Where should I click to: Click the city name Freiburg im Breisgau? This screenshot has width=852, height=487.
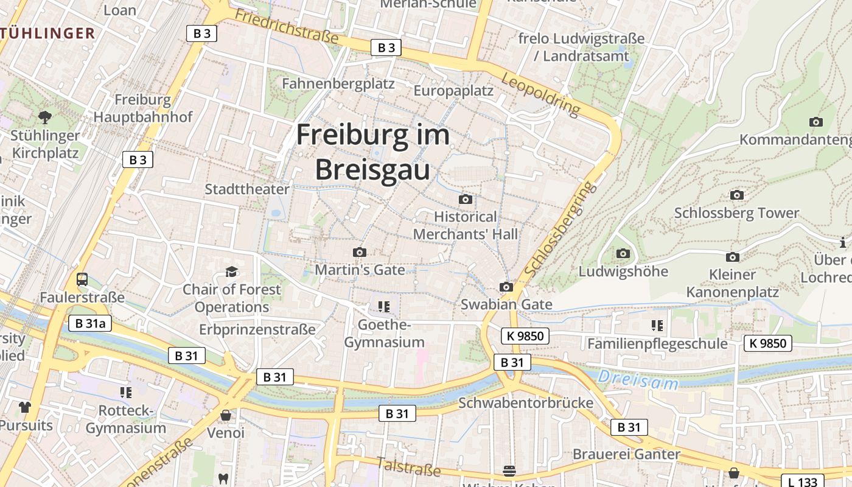click(372, 152)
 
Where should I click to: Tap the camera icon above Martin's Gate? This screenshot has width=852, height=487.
click(360, 252)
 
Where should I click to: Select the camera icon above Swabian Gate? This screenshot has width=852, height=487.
click(506, 287)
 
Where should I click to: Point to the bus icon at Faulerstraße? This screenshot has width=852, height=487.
click(82, 279)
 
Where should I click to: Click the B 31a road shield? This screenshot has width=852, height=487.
click(90, 323)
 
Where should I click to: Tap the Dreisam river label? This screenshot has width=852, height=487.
click(638, 380)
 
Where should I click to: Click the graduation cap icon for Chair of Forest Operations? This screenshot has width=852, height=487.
click(231, 272)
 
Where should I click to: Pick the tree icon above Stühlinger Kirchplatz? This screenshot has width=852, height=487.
click(44, 117)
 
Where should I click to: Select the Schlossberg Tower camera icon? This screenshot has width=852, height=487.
click(736, 195)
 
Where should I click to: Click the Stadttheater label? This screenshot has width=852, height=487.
click(247, 189)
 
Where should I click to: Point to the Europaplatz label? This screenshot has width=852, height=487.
click(453, 91)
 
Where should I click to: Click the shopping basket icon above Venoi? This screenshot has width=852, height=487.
click(226, 415)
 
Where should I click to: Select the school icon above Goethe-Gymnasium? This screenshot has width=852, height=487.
click(383, 306)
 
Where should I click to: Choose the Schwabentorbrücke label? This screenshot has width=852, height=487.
click(526, 402)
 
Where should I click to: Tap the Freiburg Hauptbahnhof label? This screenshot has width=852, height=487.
click(143, 108)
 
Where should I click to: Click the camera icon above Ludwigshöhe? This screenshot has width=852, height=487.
click(623, 253)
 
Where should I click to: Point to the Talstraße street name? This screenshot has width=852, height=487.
click(408, 467)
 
